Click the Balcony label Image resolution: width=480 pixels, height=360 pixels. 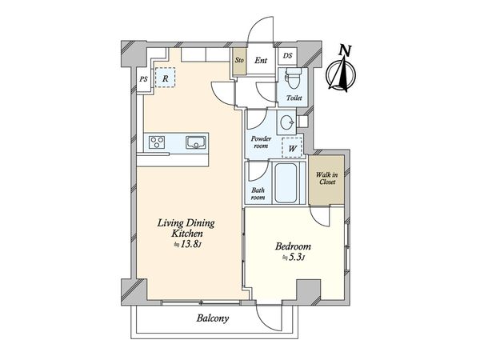(213, 318)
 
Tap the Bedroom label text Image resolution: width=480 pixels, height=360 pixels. (293, 246)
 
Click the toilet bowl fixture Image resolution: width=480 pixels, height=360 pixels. (294, 77)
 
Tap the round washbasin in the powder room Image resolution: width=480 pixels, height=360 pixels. (287, 122)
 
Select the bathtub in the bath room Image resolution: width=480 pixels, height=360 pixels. (286, 183)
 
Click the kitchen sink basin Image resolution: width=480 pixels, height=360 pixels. (196, 142)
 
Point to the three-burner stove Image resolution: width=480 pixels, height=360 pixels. (157, 142)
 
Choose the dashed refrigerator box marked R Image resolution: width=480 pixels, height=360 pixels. (165, 78)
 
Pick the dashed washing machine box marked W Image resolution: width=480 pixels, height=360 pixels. (292, 148)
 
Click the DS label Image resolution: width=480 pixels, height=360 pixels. (287, 56)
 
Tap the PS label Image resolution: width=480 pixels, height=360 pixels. (143, 79)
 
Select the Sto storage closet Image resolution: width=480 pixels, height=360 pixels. (239, 61)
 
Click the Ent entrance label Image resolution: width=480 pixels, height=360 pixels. (261, 60)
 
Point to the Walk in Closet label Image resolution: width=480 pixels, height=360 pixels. (326, 178)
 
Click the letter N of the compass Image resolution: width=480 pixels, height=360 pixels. (345, 50)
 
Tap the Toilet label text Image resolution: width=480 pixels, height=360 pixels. (294, 98)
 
